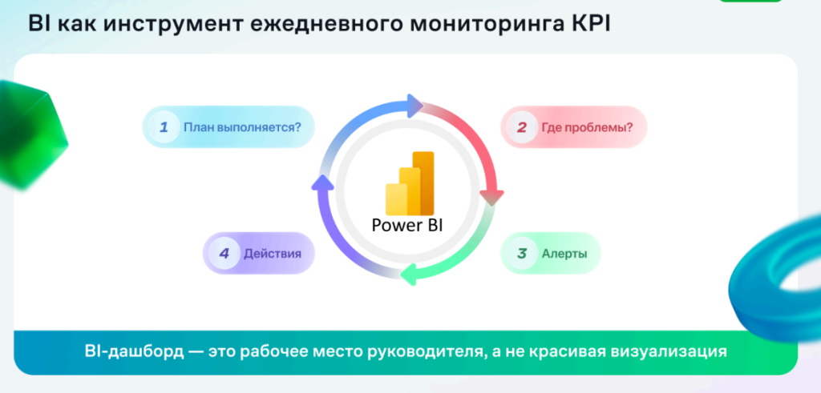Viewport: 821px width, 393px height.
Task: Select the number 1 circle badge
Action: click(164, 126)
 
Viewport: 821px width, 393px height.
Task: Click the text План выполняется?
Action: click(242, 127)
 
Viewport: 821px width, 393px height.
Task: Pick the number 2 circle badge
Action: click(521, 127)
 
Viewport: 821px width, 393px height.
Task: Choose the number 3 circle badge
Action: click(521, 254)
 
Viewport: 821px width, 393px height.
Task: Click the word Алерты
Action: click(564, 254)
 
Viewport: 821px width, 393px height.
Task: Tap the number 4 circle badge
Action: click(224, 254)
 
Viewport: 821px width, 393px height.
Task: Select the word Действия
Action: click(273, 254)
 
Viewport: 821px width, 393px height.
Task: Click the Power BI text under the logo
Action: click(407, 225)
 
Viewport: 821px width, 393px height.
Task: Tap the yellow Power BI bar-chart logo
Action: click(410, 183)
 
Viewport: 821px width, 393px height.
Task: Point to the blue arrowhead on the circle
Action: click(415, 106)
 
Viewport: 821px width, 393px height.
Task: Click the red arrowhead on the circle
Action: click(491, 197)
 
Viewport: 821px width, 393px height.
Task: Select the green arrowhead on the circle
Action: click(408, 275)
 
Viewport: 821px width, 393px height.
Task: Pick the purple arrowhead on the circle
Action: click(322, 183)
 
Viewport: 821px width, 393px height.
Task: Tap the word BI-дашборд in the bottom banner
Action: click(135, 351)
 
